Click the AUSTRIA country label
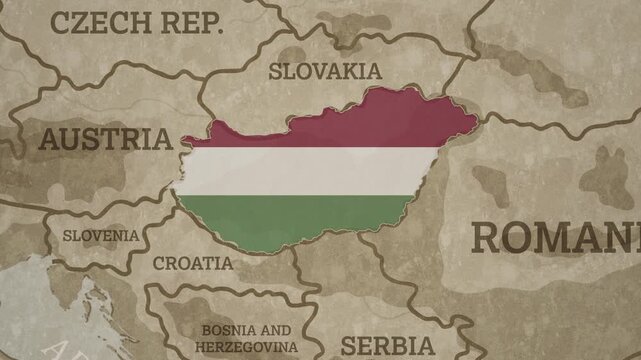[x=105, y=139]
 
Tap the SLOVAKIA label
[x=325, y=71]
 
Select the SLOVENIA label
[x=101, y=236]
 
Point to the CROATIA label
[x=192, y=264]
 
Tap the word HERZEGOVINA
[x=246, y=345]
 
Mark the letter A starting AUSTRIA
[x=49, y=139]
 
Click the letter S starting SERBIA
[x=349, y=346]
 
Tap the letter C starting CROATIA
[x=159, y=264]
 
